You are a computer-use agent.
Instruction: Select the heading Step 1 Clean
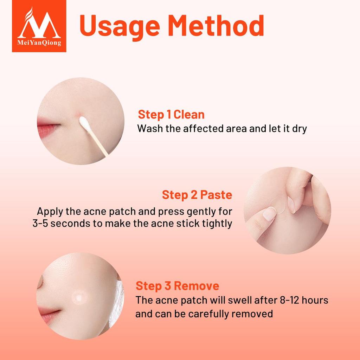[171, 115]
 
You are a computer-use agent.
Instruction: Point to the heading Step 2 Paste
[197, 195]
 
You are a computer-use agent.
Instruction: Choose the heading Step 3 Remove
[177, 286]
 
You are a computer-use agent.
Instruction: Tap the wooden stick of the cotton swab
[99, 145]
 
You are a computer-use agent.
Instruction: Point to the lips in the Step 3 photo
[49, 313]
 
